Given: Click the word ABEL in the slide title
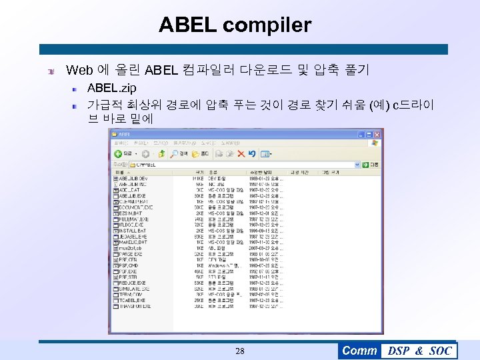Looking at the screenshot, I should pos(187,25).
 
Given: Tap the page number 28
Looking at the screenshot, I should pos(240,351).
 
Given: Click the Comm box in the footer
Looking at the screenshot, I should pos(359,351).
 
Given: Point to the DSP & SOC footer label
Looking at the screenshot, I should pos(419,351).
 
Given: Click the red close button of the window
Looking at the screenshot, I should pos(379,133).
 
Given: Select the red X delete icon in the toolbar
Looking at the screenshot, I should pos(242,154).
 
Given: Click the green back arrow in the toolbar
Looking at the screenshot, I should pos(118,154).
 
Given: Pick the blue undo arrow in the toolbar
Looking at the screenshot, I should pos(252,154).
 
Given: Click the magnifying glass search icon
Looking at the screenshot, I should pos(174,154).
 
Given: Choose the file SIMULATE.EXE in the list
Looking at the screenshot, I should pos(133,289).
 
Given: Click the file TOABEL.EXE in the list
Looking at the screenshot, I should pos(132,300).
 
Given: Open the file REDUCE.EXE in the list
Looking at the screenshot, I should pos(132,283).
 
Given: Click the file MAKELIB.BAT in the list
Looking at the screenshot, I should pos(133,242).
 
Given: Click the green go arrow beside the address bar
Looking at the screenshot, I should pos(365,164).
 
